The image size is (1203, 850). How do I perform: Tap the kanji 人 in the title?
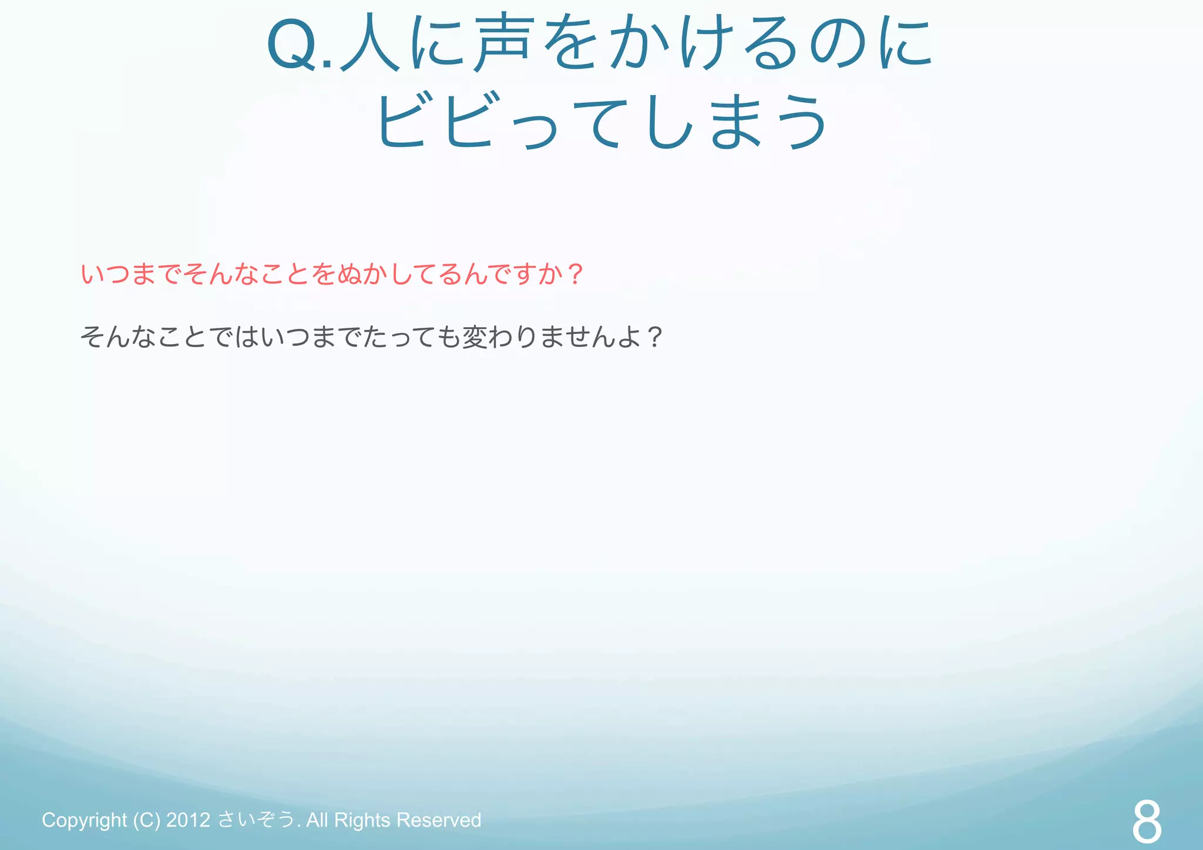coord(369,45)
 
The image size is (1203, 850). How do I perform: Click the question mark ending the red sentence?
coord(576,274)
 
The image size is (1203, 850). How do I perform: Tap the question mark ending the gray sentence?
coord(654,337)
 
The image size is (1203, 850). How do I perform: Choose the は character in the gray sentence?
coord(246,337)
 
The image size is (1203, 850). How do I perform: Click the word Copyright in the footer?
coord(84,820)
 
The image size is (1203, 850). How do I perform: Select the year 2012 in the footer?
coord(188,819)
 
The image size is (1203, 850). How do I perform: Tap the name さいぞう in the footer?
coord(256,819)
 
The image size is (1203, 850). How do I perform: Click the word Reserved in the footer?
coord(438,819)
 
